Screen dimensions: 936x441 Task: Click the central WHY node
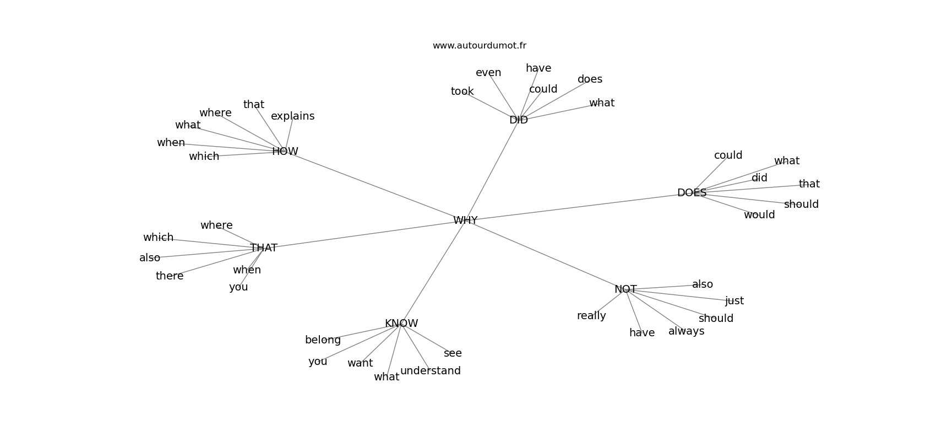[465, 220]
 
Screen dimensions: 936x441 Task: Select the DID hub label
[519, 120]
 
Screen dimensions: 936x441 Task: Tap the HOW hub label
[285, 152]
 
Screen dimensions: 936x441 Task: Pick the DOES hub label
[692, 193]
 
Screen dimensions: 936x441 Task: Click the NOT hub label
[625, 289]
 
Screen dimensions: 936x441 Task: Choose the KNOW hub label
[401, 324]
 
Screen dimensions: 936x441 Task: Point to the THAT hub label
[264, 248]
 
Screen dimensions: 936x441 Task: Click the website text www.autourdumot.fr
[479, 46]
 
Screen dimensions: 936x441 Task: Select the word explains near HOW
[292, 116]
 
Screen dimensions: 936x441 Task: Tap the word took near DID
[462, 91]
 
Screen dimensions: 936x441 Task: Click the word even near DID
[488, 73]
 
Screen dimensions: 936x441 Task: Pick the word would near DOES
[759, 214]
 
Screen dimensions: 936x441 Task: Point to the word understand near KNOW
[431, 370]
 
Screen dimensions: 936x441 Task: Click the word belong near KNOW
[323, 340]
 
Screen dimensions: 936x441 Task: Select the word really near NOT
[591, 316]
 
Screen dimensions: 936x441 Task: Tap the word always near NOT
[686, 331]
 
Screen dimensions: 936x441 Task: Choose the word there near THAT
[169, 276]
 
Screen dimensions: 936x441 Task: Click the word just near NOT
[734, 301]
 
